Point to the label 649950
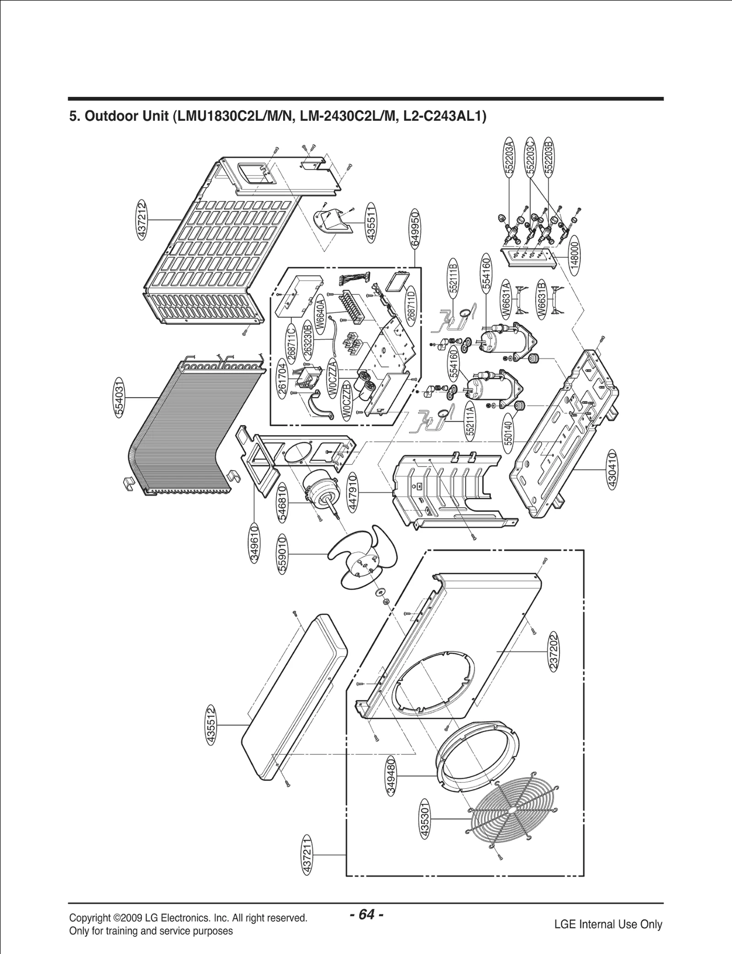click(x=415, y=229)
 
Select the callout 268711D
click(x=411, y=305)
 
